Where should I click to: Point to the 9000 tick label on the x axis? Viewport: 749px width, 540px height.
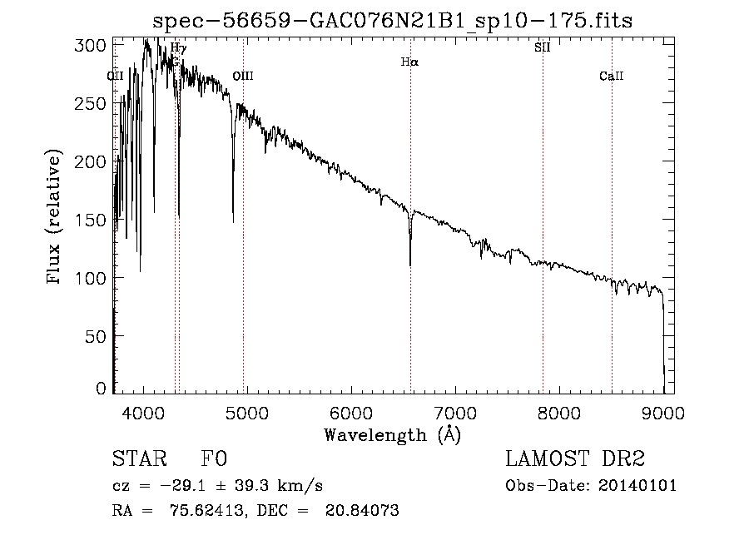(663, 413)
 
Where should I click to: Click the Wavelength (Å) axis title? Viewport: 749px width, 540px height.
(392, 434)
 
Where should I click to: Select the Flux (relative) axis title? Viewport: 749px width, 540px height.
(56, 219)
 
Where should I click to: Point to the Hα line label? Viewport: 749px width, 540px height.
(409, 62)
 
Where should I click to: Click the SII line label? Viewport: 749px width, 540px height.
(542, 47)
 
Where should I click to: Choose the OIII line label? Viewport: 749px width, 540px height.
(242, 77)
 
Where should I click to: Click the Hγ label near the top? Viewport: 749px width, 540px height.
(178, 48)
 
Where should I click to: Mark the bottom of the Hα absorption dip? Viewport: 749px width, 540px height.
(410, 265)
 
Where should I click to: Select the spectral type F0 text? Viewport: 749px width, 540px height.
(214, 459)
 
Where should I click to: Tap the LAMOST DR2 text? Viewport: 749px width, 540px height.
(574, 459)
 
